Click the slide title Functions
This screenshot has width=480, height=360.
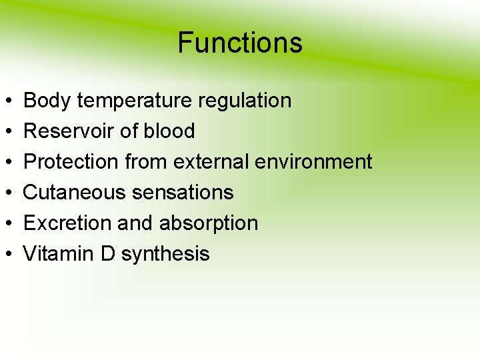click(x=240, y=43)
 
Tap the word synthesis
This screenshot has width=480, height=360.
click(x=165, y=254)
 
